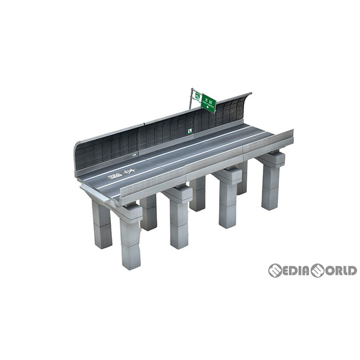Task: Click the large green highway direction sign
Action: [208, 102]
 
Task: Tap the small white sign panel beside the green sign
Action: [196, 97]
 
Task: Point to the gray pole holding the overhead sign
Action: [191, 101]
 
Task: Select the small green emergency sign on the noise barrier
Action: [189, 131]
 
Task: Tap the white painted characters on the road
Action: [122, 175]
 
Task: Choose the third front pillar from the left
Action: [228, 202]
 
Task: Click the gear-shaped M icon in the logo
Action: [275, 271]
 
